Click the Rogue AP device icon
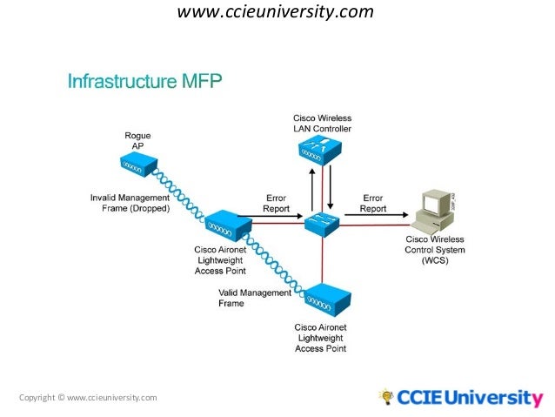point(137,163)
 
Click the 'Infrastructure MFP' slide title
point(145,83)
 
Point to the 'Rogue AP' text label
point(137,140)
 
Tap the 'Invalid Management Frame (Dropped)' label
point(130,203)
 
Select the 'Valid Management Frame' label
point(254,299)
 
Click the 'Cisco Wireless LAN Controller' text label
point(321,124)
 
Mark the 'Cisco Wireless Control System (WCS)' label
point(435,250)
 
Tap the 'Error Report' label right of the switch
point(373,203)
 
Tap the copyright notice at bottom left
point(88,398)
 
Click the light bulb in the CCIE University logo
point(385,397)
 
